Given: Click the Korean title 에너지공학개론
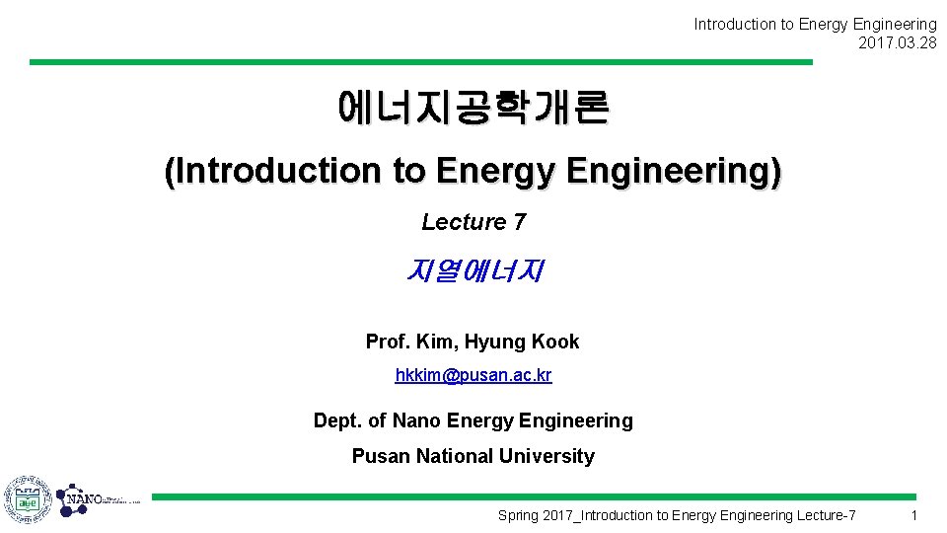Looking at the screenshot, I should tap(473, 108).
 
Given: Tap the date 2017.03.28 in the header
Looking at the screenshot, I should tap(898, 42).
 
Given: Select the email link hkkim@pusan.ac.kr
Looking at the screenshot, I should tap(473, 375).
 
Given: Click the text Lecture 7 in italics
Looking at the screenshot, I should tap(473, 222).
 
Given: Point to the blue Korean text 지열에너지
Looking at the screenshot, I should tap(473, 269).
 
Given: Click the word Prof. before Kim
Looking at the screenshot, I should tap(388, 342).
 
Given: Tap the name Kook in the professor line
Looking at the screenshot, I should tap(555, 342).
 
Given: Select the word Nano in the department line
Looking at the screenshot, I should tap(416, 420).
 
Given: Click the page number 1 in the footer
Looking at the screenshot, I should tap(914, 515).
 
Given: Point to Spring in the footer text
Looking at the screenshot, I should tap(519, 515).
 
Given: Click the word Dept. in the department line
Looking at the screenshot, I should tap(336, 420).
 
